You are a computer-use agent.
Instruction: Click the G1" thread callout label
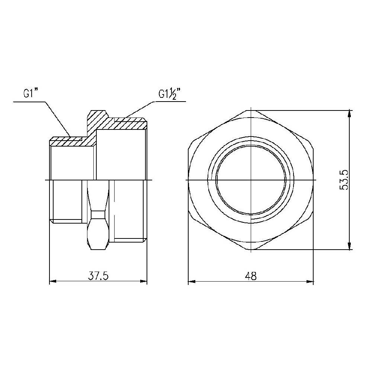(x=31, y=93)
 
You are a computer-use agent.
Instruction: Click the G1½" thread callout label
(x=171, y=94)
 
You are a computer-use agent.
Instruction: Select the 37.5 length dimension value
(x=98, y=276)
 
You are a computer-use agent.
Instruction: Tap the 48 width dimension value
(x=251, y=276)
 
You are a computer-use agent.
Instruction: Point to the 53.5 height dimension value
(x=343, y=180)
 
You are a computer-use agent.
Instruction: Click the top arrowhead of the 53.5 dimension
(x=349, y=114)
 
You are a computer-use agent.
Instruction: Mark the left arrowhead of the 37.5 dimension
(x=53, y=282)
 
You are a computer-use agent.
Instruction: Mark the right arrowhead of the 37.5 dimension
(x=144, y=282)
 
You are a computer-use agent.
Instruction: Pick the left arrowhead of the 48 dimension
(x=192, y=282)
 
